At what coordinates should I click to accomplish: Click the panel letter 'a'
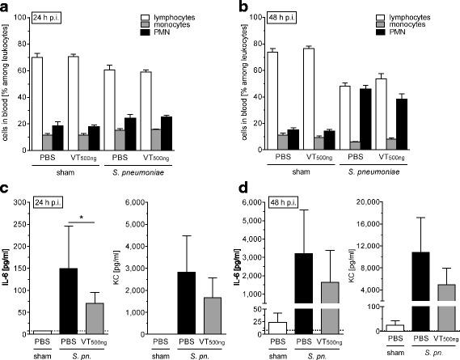coord(6,6)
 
